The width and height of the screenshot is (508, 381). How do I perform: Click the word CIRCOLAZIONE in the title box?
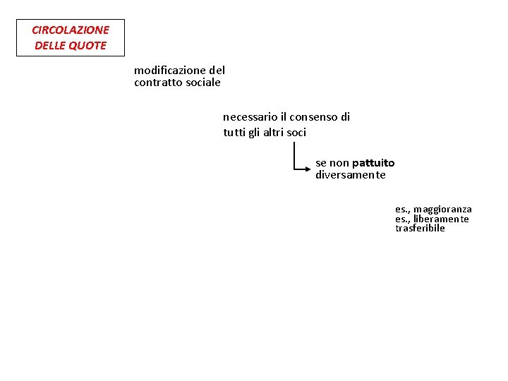[x=71, y=30]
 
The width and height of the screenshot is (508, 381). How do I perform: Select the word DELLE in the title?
[x=51, y=46]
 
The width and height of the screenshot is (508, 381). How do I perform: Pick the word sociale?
[x=203, y=83]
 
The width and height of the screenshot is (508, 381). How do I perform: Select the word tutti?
[x=233, y=132]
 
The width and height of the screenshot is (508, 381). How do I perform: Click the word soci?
[x=297, y=132]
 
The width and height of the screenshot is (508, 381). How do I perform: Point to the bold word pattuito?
[x=373, y=163]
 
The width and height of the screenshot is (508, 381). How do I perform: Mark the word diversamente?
[x=351, y=175]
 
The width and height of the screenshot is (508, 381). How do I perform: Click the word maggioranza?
[x=442, y=209]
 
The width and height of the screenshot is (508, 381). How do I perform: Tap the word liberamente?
[x=441, y=219]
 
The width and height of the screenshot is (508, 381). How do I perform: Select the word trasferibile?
[x=420, y=229]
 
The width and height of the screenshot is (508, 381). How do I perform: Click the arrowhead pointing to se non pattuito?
[x=308, y=169]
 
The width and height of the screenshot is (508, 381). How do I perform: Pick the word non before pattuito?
[x=339, y=163]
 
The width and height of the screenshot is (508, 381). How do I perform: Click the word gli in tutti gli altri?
[x=253, y=132]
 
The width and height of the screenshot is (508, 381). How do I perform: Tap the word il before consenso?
[x=284, y=117]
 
